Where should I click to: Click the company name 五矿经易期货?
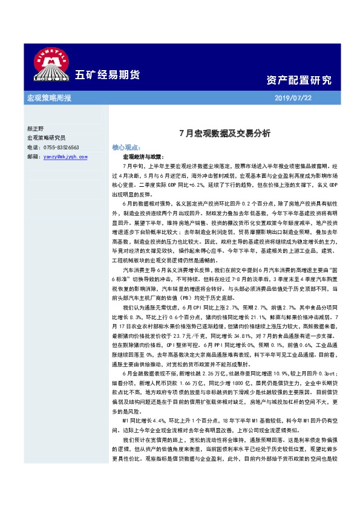(x=107, y=75)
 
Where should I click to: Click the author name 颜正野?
(x=36, y=129)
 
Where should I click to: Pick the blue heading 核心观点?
(x=126, y=147)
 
